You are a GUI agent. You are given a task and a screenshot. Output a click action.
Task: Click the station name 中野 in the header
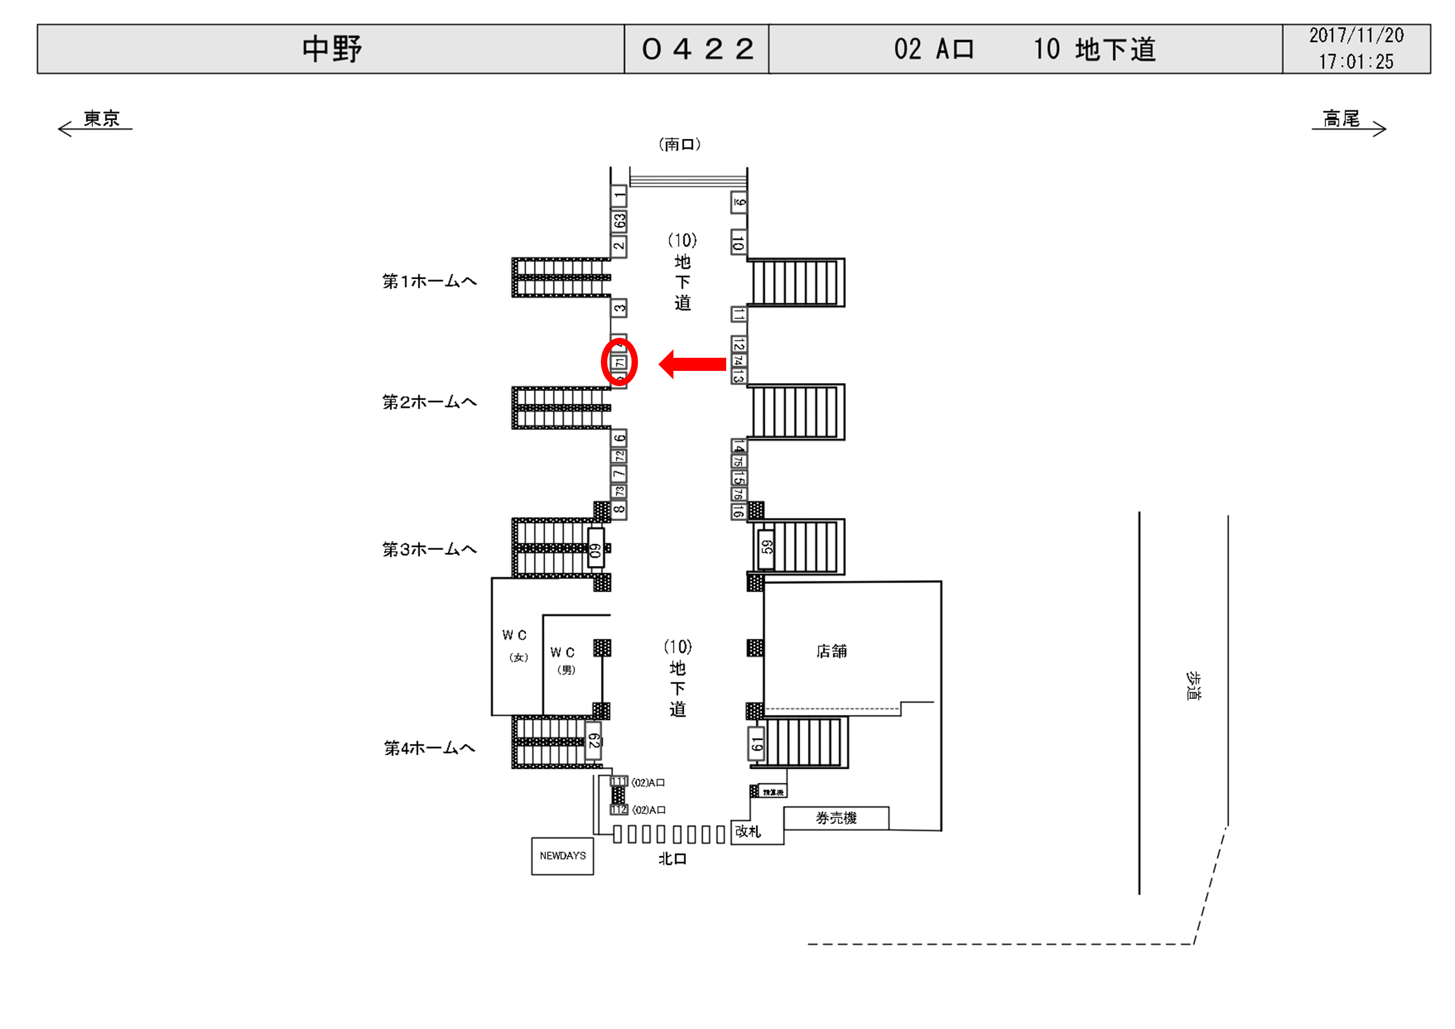[331, 49]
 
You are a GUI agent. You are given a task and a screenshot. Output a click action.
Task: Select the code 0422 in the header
[697, 49]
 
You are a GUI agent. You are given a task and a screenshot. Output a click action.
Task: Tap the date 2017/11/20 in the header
[1356, 36]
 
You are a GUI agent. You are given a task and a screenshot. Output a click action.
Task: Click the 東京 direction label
[101, 119]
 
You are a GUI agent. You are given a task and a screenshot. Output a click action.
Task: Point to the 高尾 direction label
[1341, 119]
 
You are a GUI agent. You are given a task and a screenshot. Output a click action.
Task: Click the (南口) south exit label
[680, 145]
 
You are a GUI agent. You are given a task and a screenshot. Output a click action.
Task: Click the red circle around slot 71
[619, 362]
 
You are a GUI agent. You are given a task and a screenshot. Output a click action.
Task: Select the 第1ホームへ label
[429, 281]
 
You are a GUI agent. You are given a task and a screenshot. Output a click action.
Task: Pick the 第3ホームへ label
[429, 549]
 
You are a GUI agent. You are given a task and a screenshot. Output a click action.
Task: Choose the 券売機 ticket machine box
[836, 818]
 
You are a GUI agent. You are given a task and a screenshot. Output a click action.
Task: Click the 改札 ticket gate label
[748, 831]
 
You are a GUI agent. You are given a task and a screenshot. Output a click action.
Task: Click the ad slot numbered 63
[619, 220]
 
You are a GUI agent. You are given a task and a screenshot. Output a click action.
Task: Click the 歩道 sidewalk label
[1193, 686]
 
